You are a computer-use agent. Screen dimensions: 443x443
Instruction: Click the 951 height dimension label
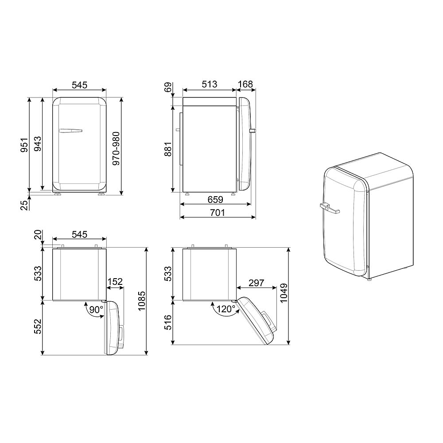pyautogui.click(x=25, y=145)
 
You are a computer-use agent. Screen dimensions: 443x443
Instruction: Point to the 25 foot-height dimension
pyautogui.click(x=25, y=204)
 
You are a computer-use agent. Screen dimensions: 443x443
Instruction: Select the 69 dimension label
pyautogui.click(x=167, y=87)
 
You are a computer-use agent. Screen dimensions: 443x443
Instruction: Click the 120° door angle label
pyautogui.click(x=226, y=309)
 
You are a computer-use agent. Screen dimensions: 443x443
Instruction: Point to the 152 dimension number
pyautogui.click(x=114, y=282)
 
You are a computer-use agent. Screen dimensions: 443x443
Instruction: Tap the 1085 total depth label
pyautogui.click(x=141, y=302)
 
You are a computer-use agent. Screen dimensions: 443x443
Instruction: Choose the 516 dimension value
pyautogui.click(x=167, y=322)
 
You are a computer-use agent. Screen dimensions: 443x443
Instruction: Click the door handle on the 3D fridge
pyautogui.click(x=328, y=207)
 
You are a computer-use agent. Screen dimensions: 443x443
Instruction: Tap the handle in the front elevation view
pyautogui.click(x=70, y=131)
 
